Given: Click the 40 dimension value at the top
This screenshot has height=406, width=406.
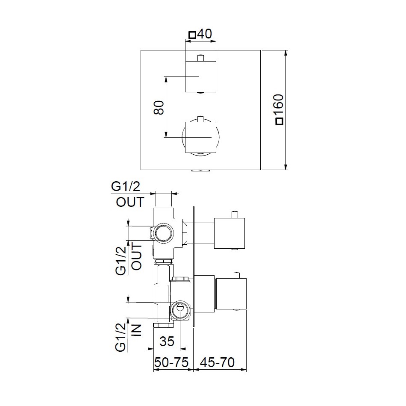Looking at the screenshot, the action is click(204, 34).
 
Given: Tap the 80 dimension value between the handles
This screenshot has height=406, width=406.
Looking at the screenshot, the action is click(159, 107).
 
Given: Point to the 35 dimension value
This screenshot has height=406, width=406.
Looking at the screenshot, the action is click(167, 341).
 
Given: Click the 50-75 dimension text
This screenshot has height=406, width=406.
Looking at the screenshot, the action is click(171, 362).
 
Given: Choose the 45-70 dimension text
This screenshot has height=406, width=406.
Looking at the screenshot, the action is click(218, 362).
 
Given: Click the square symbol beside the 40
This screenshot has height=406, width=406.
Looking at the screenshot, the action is click(192, 35).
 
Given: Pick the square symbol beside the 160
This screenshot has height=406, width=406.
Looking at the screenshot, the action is click(279, 121).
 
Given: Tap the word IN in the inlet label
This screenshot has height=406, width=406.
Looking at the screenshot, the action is click(137, 330).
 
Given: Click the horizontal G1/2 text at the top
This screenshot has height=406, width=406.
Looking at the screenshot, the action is click(126, 186).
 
